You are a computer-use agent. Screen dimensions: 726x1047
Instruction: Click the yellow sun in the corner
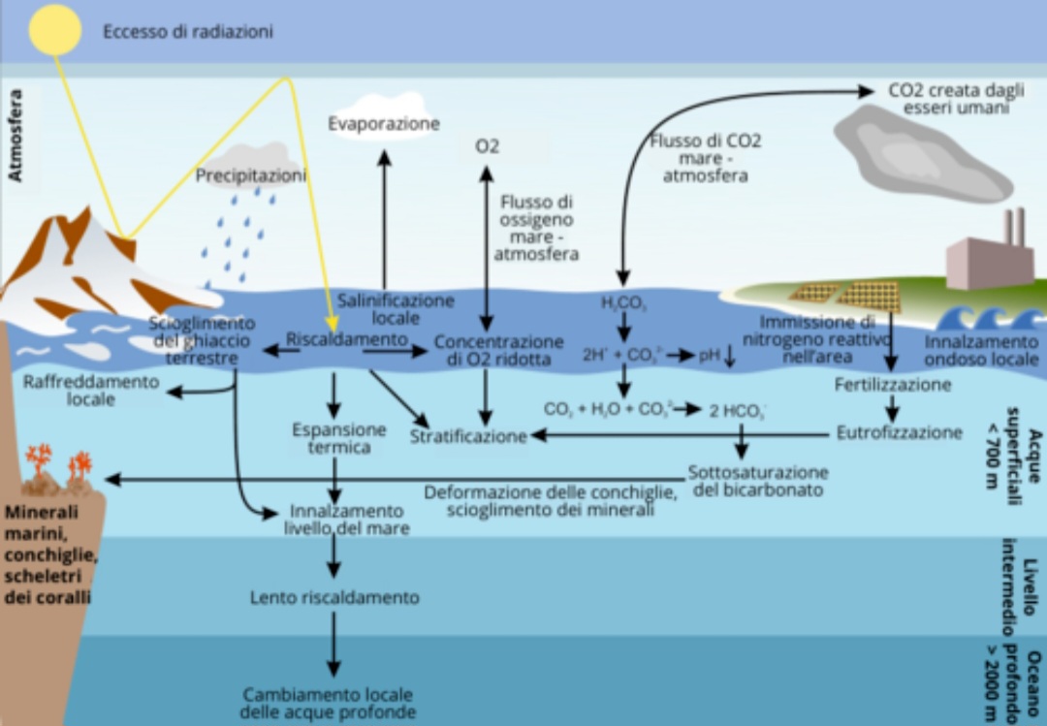click(x=55, y=30)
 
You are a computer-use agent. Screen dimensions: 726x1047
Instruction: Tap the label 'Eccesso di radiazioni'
click(x=188, y=32)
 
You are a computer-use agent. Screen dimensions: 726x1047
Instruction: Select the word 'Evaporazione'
click(x=384, y=124)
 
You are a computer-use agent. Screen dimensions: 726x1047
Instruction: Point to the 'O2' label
click(x=487, y=146)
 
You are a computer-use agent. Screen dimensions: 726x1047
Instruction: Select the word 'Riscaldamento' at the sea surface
click(x=347, y=339)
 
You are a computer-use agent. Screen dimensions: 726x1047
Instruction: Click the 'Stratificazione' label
click(x=467, y=436)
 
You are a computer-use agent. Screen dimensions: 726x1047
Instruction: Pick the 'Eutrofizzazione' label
click(x=899, y=432)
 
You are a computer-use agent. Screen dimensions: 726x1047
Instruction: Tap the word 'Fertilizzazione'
click(x=892, y=385)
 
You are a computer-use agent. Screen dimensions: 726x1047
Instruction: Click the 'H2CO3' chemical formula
click(x=623, y=303)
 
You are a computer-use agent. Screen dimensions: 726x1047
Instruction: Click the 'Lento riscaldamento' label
click(x=334, y=597)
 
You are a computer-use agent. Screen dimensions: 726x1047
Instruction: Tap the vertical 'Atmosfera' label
click(x=16, y=136)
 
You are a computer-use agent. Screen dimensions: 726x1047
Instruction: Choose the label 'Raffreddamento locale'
click(x=92, y=390)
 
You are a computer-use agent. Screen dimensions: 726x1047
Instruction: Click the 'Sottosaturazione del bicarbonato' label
click(x=758, y=481)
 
